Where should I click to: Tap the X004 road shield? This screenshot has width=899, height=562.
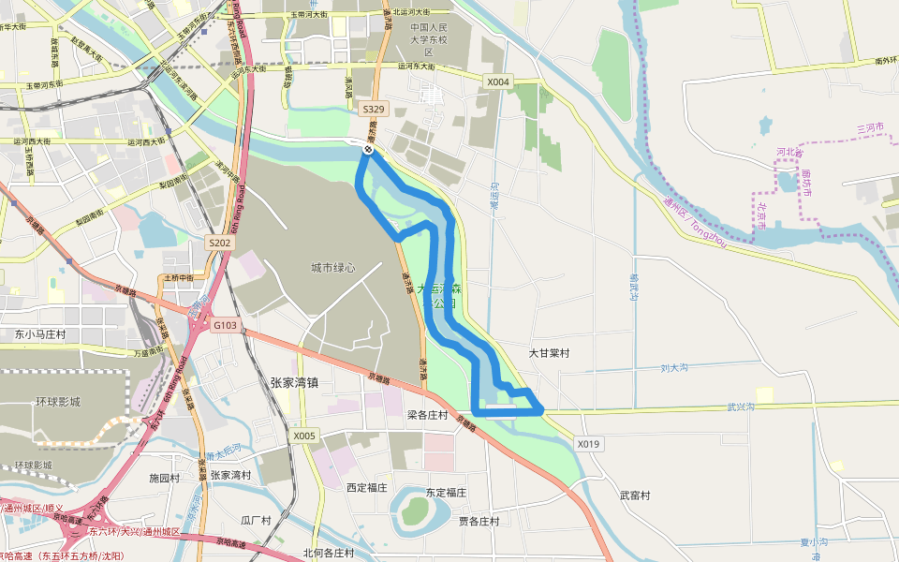498,82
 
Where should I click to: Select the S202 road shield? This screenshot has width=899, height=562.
219,243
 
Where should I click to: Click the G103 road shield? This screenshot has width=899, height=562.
226,325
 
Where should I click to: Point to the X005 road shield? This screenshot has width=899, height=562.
304,436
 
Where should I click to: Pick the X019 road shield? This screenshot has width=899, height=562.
588,444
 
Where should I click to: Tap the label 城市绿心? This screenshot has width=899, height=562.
333,268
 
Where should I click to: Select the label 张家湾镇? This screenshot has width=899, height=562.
294,382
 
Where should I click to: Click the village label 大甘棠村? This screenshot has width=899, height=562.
550,354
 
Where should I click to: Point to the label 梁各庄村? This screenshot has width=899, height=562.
427,415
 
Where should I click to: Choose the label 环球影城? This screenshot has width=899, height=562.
58,402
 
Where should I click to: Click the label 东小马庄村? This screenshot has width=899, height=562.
40,334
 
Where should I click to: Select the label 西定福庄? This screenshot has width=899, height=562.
367,487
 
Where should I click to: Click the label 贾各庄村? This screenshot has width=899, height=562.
479,521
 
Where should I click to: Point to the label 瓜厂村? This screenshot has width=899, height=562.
256,520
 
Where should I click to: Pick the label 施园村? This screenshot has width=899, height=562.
164,478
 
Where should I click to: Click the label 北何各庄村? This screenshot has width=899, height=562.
329,553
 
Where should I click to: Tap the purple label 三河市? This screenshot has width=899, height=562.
870,127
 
